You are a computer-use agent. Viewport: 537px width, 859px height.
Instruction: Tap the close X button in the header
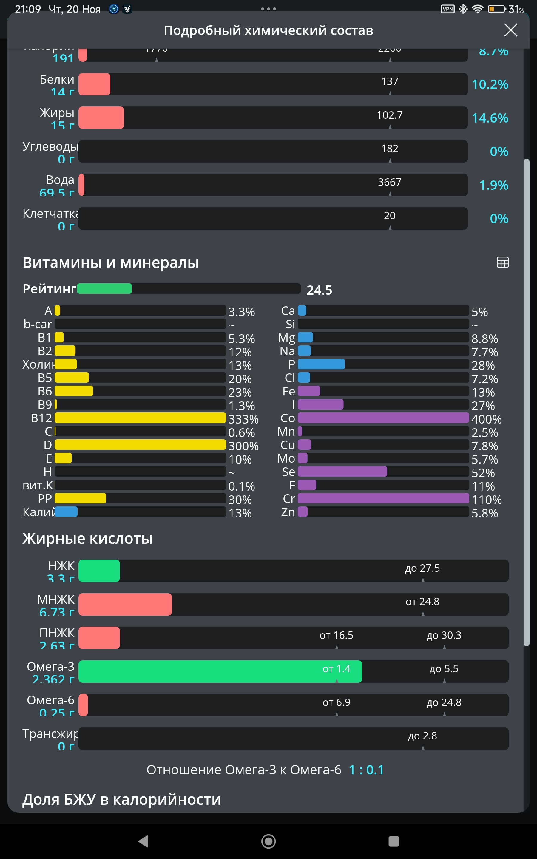510,30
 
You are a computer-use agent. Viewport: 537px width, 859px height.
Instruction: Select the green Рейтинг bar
104,289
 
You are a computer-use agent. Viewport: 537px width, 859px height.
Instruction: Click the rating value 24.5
319,290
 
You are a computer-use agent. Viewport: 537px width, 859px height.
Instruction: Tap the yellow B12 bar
140,418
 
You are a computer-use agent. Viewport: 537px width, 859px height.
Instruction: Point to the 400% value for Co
486,419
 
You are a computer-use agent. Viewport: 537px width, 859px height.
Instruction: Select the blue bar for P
321,364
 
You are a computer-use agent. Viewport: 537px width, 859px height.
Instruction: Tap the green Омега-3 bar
220,671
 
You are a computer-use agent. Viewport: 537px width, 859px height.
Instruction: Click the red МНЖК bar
125,604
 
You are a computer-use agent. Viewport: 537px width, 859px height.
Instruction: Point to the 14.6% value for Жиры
490,118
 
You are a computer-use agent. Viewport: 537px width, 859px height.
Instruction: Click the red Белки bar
95,84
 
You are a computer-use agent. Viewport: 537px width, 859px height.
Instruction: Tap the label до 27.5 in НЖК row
422,568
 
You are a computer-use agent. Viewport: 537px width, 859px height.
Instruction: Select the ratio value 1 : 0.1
366,770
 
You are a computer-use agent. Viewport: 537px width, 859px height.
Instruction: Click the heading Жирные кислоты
88,538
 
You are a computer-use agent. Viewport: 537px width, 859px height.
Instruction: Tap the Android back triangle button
143,841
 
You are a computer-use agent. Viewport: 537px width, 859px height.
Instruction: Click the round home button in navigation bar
268,841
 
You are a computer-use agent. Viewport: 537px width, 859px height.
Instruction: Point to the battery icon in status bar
496,9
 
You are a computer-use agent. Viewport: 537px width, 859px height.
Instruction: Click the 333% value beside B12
243,419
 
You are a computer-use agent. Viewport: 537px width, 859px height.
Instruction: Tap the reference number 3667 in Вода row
390,182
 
